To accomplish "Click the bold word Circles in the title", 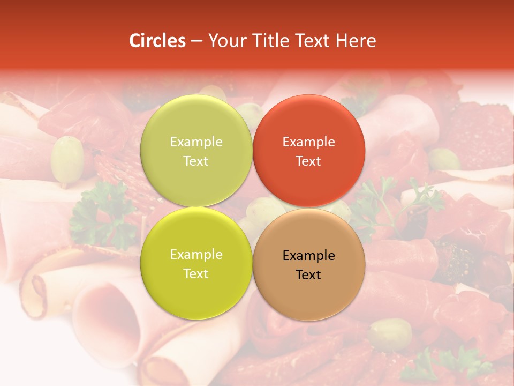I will point(157,41).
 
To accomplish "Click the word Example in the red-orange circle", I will point(309,142).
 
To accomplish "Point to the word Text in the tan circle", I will point(308,275).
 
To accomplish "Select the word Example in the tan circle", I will point(309,256).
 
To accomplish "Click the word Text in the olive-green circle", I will point(196,161).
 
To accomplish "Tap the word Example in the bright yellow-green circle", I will point(196,255).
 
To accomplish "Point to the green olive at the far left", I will point(66,159).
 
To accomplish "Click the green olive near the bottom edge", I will point(390,333).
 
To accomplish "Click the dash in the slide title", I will point(196,41).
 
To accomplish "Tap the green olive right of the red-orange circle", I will point(444,159).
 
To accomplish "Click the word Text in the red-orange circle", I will point(308,161).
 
